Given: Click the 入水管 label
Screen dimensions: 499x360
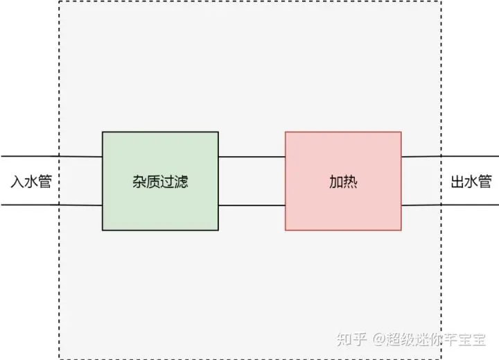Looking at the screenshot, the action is (x=30, y=182).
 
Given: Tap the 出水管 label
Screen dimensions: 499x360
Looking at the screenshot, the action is (x=471, y=182).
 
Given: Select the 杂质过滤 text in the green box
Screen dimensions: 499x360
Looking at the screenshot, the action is (x=160, y=182).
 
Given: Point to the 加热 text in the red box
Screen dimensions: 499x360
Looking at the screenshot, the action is (x=343, y=182).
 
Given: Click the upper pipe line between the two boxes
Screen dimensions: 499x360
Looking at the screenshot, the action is (x=252, y=157).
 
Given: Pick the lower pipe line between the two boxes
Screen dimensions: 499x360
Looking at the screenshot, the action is (x=252, y=205).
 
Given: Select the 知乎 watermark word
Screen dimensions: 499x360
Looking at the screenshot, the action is (x=351, y=339).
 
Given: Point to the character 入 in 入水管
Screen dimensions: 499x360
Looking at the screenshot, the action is (x=17, y=182).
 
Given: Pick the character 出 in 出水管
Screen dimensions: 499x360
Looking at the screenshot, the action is (x=457, y=182).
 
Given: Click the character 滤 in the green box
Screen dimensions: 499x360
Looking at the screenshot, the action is (x=181, y=182).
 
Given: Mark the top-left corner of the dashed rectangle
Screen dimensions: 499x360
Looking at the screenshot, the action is (x=59, y=1).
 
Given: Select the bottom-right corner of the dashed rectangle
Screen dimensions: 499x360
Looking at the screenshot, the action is (x=441, y=358).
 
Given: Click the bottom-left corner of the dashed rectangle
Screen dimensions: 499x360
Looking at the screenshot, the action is (x=59, y=358).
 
